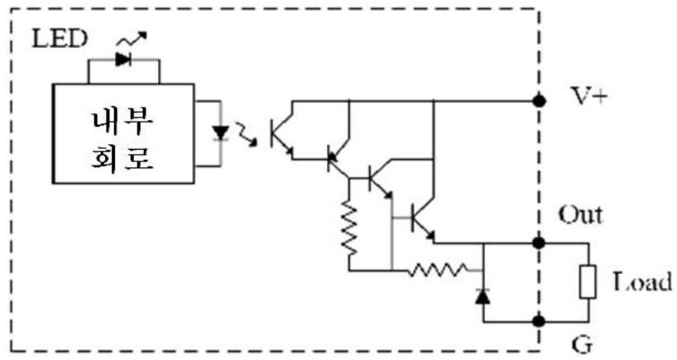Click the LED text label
(60, 39)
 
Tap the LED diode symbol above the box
(123, 60)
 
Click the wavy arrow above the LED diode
(132, 39)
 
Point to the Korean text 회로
(122, 157)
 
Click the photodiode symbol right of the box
(221, 133)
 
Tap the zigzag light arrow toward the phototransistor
(246, 133)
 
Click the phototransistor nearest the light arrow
(281, 134)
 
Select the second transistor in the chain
(338, 159)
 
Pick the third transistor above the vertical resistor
(380, 180)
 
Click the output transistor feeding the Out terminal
(422, 219)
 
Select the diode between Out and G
(483, 296)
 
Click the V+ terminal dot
(539, 101)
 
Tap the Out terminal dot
(539, 243)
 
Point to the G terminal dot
(539, 321)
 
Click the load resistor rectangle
(588, 282)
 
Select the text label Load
(642, 282)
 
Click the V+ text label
(589, 96)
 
